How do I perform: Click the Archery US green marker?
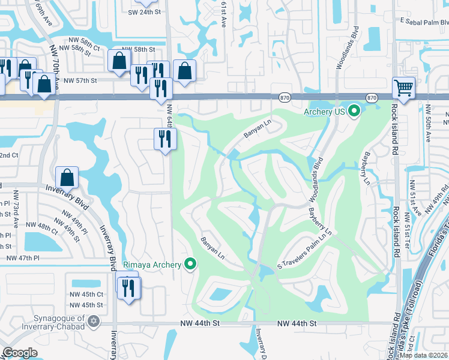[x=354, y=111]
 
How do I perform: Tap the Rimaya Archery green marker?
[x=191, y=264]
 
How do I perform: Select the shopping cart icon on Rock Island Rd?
[x=404, y=88]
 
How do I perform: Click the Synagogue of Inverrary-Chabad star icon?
[x=92, y=322]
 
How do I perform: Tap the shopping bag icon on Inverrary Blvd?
[x=67, y=178]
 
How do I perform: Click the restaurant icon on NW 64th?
[x=164, y=139]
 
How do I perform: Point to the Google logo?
[x=19, y=353]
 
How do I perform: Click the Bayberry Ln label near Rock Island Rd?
[x=365, y=168]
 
